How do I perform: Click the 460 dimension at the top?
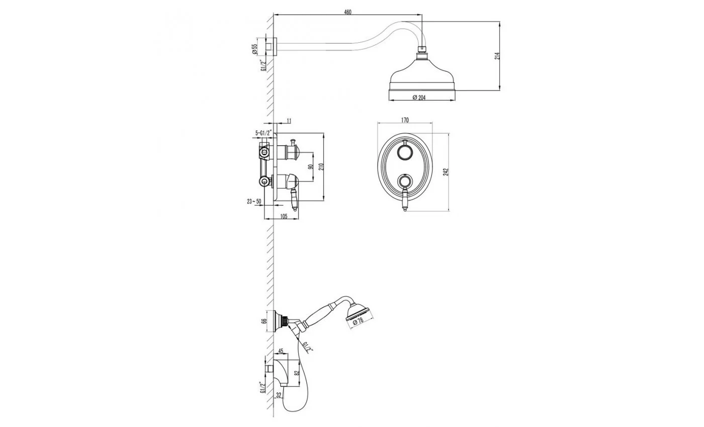click(x=347, y=12)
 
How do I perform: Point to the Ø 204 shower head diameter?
click(x=419, y=97)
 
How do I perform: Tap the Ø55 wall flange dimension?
click(x=254, y=49)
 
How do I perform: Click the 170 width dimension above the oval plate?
click(x=405, y=120)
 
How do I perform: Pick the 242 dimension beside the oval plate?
click(x=446, y=172)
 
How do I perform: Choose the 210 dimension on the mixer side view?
click(x=321, y=166)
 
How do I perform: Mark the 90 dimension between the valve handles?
click(x=311, y=167)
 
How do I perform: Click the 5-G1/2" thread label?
click(x=263, y=133)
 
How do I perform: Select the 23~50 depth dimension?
click(x=254, y=201)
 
